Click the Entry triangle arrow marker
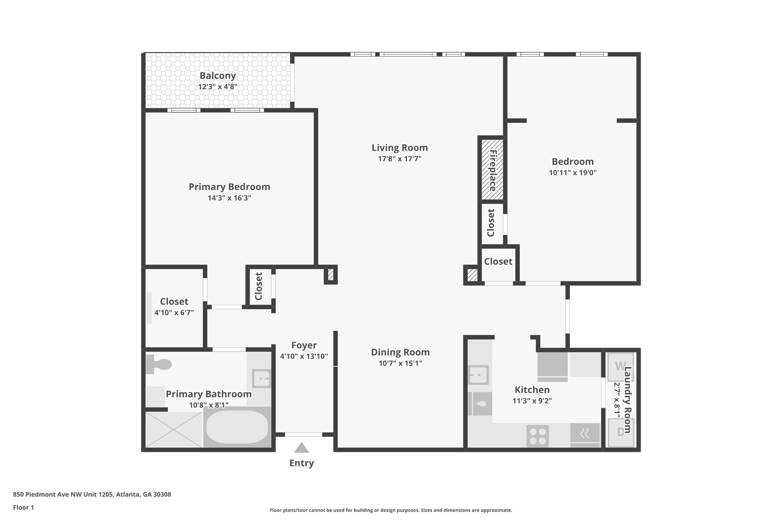301,448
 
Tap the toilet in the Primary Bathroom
159,364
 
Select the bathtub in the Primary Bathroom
237,427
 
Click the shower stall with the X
174,429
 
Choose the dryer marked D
620,432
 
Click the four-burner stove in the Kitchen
538,436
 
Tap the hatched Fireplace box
492,170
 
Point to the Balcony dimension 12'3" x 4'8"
218,87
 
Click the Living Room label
399,148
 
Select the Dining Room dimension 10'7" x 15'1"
400,363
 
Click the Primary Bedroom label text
229,187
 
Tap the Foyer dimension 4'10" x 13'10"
304,356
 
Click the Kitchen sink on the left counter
478,375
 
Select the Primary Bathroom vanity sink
262,379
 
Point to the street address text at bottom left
92,494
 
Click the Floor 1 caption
23,507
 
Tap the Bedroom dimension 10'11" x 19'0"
572,173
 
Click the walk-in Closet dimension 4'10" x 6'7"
174,313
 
